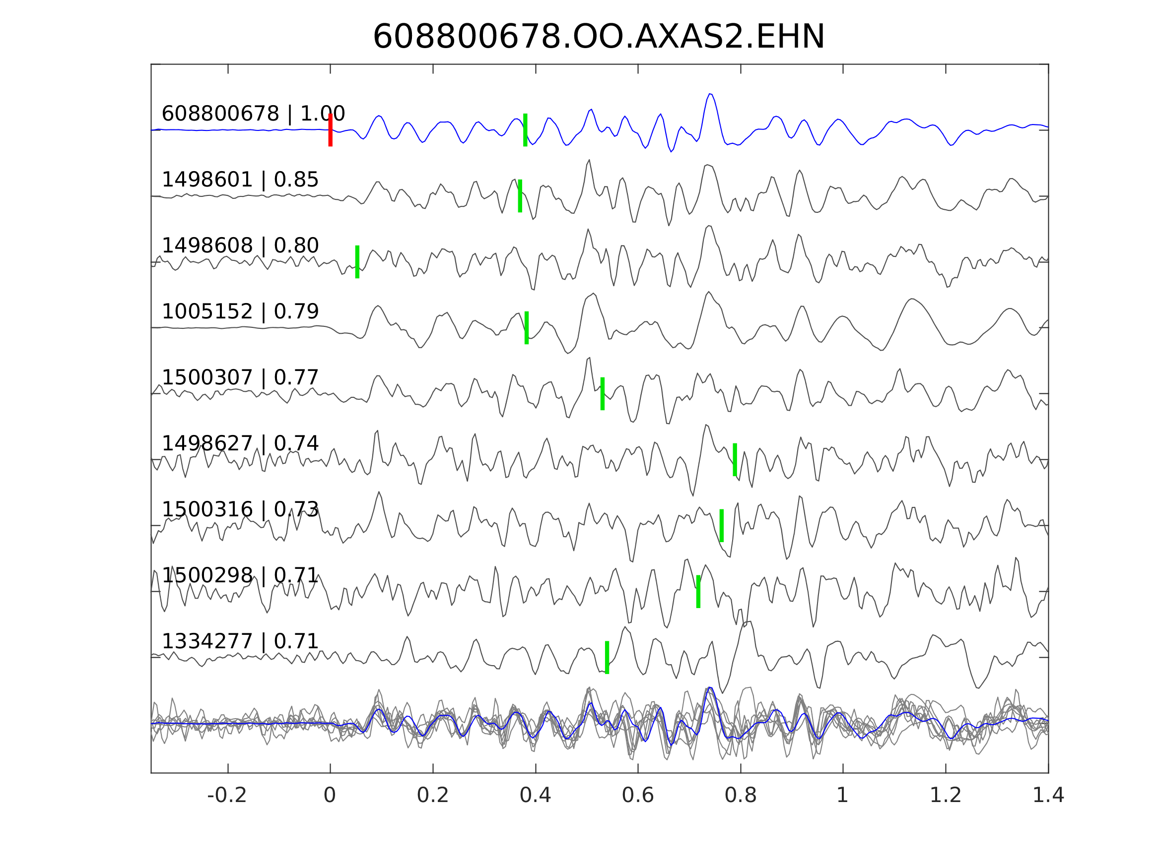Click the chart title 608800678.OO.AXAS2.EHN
[x=599, y=38]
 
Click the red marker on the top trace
[x=331, y=130]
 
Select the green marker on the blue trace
[x=525, y=130]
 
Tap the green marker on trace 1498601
[x=520, y=196]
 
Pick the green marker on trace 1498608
[x=357, y=261]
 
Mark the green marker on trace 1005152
[x=527, y=327]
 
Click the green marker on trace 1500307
[x=603, y=393]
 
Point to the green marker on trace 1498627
[x=735, y=459]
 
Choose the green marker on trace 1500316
[x=722, y=525]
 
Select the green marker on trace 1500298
[x=698, y=591]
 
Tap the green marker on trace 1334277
[x=607, y=657]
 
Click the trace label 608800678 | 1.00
[x=253, y=114]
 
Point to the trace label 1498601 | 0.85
[x=240, y=180]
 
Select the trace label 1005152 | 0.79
[x=240, y=311]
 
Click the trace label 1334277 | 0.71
[x=240, y=641]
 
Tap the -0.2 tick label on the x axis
[x=227, y=795]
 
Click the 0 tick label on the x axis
[x=330, y=795]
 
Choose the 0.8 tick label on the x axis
[x=740, y=795]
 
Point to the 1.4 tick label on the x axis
[x=1047, y=795]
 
